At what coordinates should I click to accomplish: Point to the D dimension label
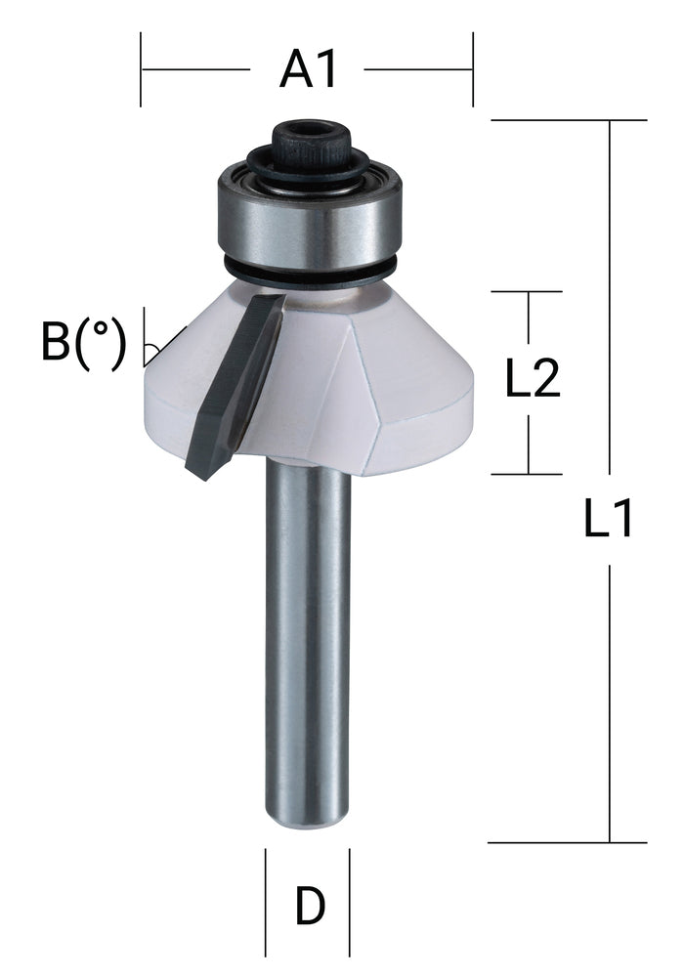point(310,908)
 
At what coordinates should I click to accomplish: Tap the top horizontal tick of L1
point(567,120)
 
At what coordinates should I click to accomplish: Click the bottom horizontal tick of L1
point(567,842)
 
